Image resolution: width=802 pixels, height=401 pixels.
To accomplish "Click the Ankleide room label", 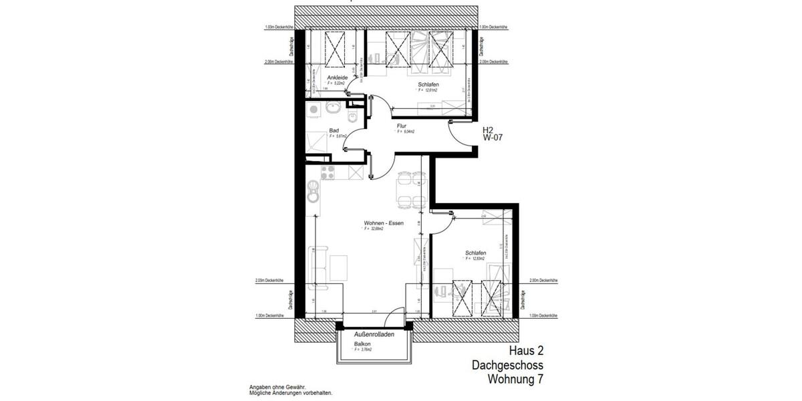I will (x=337, y=78).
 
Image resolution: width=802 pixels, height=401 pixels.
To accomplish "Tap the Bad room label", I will (x=334, y=130).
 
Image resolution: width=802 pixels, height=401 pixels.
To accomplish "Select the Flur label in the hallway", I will (x=402, y=126).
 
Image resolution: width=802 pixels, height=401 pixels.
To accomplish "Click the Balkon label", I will (x=363, y=344).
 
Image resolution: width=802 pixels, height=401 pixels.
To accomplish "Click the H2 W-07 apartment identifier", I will (x=493, y=134).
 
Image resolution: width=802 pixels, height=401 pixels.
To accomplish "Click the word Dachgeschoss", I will (x=507, y=366).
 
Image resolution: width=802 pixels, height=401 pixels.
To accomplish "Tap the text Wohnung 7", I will (x=515, y=380).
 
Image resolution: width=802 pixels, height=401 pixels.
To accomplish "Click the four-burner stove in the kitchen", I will (x=327, y=172).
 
